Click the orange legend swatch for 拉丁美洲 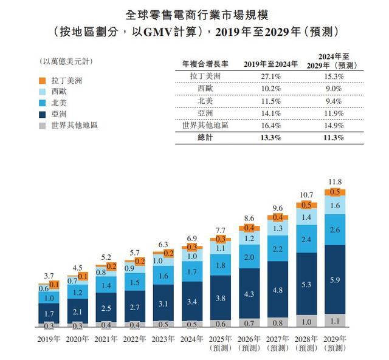(41, 80)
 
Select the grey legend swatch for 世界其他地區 (41, 126)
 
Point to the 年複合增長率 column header (205, 64)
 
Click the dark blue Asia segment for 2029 (334, 279)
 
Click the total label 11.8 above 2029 (334, 182)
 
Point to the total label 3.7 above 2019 (50, 276)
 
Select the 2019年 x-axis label (50, 340)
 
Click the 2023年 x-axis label (164, 340)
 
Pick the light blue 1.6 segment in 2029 (334, 206)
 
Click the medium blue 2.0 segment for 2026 (249, 257)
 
